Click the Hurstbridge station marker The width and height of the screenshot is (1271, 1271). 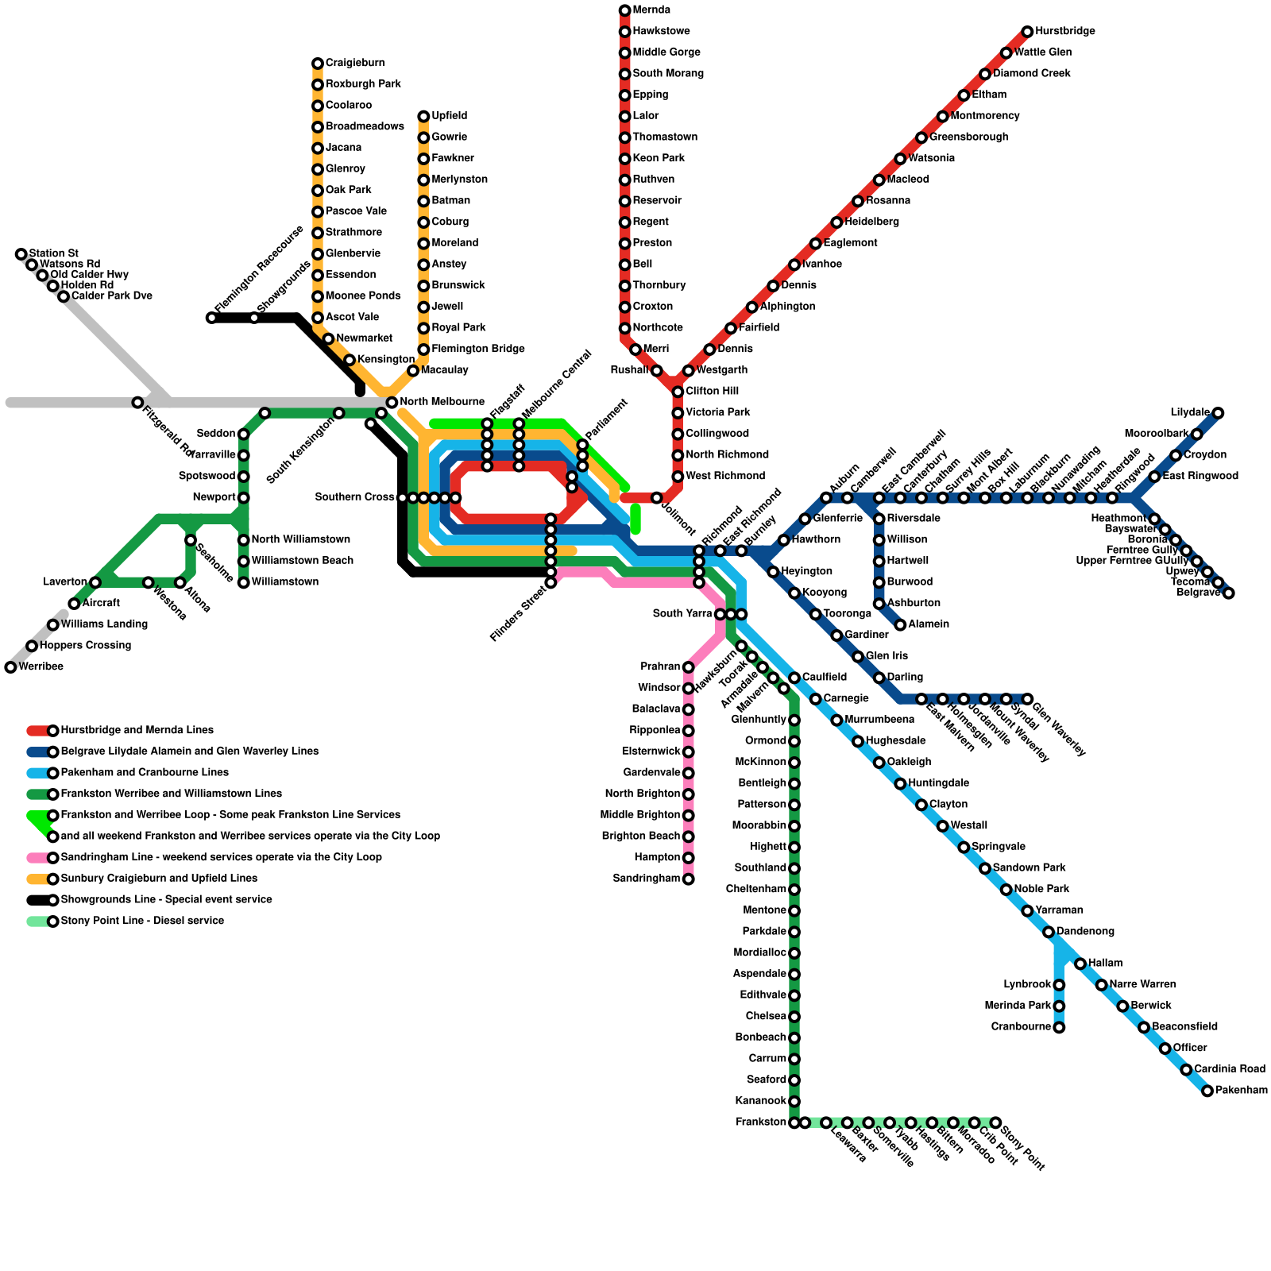[x=1027, y=32]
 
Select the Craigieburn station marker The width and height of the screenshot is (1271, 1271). [x=318, y=64]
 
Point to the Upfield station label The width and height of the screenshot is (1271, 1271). [x=449, y=116]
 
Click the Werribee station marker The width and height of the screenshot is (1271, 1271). [x=10, y=667]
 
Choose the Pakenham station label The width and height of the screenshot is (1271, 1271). [x=1241, y=1091]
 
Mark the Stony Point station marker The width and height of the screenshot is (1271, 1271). [x=995, y=1122]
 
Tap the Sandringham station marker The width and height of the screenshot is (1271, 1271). [x=689, y=879]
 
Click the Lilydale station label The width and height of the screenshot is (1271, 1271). [x=1189, y=413]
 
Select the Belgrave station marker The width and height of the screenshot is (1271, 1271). [x=1228, y=593]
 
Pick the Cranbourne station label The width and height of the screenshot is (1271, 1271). [x=1021, y=1027]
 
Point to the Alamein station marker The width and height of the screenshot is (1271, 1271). [x=900, y=624]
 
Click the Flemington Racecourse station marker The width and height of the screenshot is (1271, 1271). [x=211, y=318]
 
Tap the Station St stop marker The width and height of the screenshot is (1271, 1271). [x=21, y=254]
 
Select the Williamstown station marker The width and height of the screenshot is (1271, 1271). [x=244, y=582]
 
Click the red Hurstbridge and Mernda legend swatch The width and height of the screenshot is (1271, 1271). [x=38, y=731]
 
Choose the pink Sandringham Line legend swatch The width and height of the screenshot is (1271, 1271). [x=38, y=858]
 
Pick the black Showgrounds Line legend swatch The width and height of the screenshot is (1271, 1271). [x=38, y=900]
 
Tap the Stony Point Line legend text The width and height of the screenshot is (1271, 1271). [x=142, y=921]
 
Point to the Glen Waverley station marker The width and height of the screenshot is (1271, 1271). [x=1027, y=699]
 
